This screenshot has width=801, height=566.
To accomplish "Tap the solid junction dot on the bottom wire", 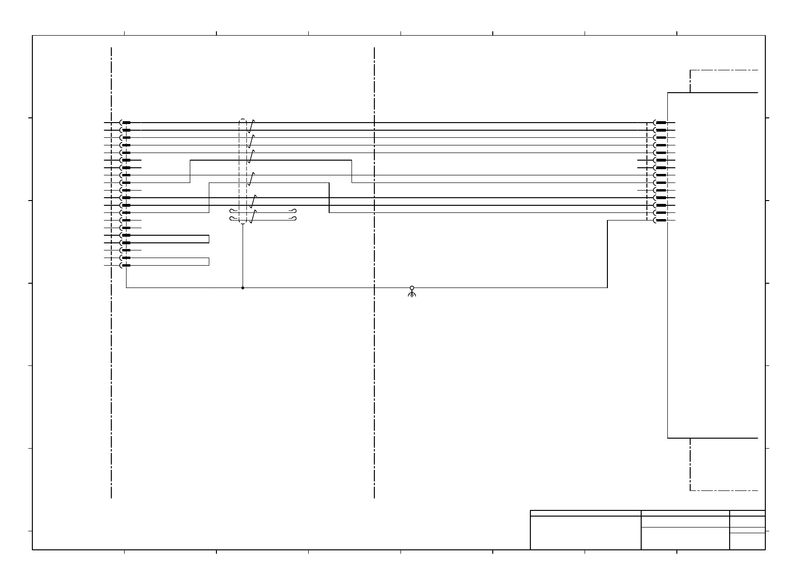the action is tap(243, 288).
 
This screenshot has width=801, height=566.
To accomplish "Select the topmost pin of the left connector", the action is tap(126, 123).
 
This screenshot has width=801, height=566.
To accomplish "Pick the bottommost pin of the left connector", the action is tap(126, 265).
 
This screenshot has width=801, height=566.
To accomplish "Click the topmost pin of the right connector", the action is tap(661, 123).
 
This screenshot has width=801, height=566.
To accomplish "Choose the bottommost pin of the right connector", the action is tap(661, 221).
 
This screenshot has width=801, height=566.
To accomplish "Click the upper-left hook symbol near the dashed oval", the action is tap(233, 211).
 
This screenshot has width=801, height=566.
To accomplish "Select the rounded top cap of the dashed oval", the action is tap(243, 119).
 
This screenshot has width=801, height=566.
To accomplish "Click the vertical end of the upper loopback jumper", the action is tap(209, 239).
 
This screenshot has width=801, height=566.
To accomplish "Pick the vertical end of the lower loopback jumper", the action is tap(209, 261).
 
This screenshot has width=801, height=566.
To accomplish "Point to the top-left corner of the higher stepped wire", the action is tap(190, 160).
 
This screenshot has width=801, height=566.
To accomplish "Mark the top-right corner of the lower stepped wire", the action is tap(329, 182).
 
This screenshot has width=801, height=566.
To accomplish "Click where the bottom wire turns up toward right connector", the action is tap(607, 288).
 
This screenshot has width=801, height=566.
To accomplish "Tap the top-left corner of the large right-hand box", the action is tap(668, 93).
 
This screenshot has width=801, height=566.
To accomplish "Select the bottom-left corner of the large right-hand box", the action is tap(668, 438).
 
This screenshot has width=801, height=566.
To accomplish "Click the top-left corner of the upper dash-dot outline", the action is tap(690, 70).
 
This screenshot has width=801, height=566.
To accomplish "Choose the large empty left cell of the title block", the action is tap(586, 533).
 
